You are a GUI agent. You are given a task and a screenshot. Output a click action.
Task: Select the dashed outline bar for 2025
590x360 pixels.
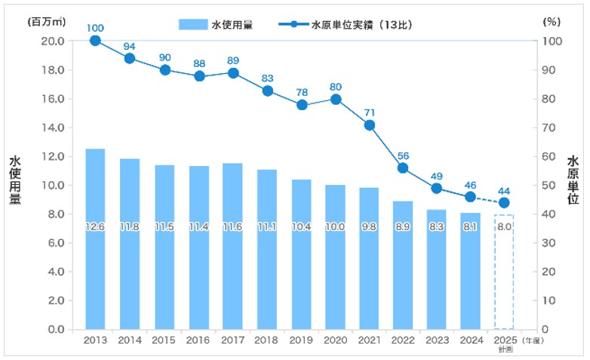pos(503,272)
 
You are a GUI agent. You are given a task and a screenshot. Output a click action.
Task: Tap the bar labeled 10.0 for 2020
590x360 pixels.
pos(335,257)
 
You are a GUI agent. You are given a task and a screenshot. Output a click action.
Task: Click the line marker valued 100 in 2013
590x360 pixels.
pos(95,41)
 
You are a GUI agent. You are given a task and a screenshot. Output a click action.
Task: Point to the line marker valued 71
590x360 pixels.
pos(370,125)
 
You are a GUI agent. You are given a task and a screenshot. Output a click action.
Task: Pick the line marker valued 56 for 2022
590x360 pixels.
pos(404,168)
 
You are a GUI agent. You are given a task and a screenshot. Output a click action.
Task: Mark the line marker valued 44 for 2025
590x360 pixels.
pos(504,202)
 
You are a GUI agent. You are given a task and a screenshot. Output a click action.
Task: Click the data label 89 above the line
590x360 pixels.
pos(232,60)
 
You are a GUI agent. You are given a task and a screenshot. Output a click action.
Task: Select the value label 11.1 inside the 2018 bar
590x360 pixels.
pos(266,227)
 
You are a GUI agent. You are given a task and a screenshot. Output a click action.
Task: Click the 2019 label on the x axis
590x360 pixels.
pos(301,340)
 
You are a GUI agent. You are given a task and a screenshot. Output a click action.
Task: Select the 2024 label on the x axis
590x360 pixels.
pos(472,340)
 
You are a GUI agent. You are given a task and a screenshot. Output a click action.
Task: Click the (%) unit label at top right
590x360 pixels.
pos(551,23)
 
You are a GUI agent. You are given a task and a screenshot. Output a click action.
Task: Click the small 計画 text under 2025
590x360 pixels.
pos(504,349)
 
